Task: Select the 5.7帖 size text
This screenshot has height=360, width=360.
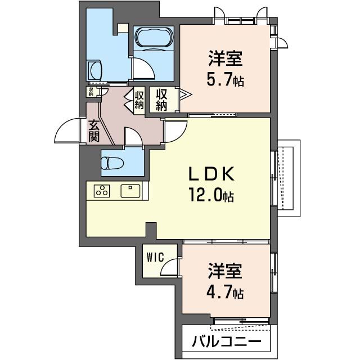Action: (225, 79)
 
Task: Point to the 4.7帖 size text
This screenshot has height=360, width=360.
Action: (225, 293)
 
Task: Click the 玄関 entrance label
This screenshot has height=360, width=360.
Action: (94, 130)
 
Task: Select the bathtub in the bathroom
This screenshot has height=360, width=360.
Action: (154, 38)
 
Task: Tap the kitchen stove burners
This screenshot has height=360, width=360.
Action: (102, 191)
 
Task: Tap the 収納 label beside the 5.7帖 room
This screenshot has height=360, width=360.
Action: (161, 100)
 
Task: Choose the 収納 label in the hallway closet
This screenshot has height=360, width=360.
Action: (139, 100)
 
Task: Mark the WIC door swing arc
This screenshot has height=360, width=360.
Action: (169, 268)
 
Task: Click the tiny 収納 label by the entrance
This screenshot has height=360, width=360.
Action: (91, 91)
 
